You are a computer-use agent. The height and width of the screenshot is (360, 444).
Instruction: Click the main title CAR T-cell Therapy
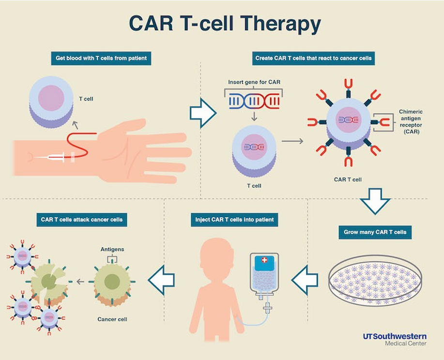pos(224,24)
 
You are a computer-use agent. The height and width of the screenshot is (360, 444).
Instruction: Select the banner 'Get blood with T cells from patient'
pos(100,59)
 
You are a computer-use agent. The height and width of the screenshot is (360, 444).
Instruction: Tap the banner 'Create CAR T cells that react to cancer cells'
pos(313,59)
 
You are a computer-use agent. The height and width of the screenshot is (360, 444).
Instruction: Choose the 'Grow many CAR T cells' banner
pos(374,232)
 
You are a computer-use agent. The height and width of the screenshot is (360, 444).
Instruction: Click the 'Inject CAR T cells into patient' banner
pos(234,220)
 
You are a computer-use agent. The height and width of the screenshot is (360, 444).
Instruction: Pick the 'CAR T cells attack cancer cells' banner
pos(82,220)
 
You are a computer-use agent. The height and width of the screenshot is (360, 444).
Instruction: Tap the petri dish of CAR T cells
pos(375,284)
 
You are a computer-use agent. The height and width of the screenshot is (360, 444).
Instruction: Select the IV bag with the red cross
pos(264,273)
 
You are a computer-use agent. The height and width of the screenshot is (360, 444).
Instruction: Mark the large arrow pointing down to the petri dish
pos(374,201)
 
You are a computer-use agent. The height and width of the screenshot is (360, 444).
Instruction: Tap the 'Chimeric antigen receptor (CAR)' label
pos(410,121)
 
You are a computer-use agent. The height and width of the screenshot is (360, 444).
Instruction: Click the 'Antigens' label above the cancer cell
pos(112,250)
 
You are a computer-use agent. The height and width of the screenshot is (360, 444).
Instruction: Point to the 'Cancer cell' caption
pos(112,319)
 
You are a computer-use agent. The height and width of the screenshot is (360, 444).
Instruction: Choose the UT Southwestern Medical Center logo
pos(394,339)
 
